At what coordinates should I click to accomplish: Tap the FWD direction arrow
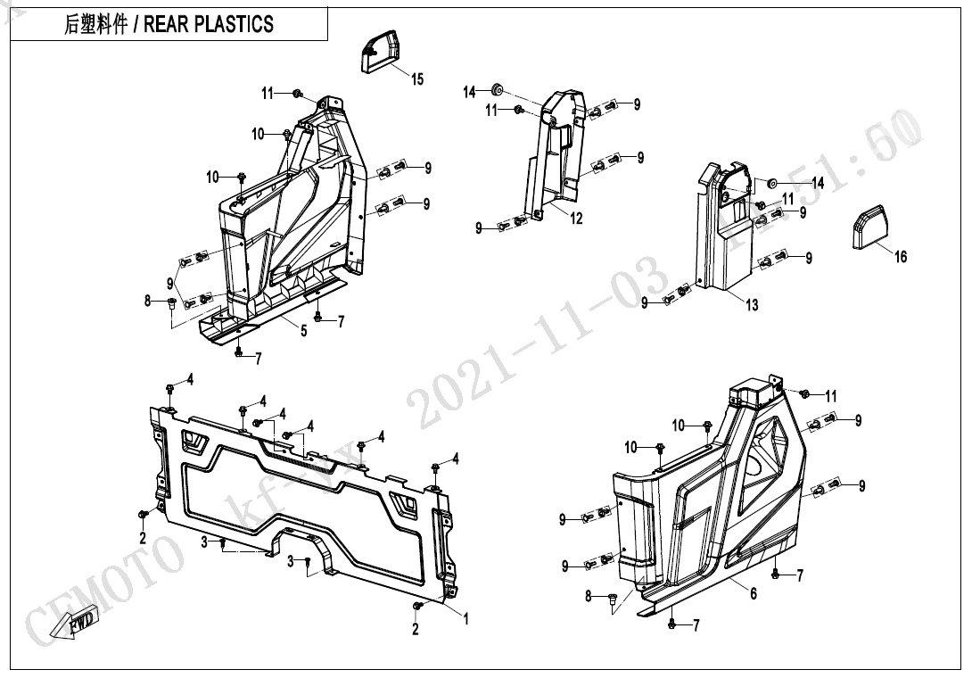click(75, 624)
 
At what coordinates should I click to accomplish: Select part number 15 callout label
click(417, 79)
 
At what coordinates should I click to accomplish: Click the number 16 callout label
click(901, 257)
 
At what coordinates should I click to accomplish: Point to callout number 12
click(576, 219)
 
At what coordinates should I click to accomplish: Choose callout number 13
click(752, 305)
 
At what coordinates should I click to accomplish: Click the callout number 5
click(303, 331)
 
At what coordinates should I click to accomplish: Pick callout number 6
click(754, 593)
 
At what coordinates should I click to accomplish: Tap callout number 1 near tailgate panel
click(465, 617)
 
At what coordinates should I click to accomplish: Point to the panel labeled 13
click(721, 232)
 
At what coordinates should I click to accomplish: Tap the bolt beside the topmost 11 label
click(297, 93)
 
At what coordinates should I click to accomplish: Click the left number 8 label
click(149, 302)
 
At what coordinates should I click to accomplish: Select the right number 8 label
click(589, 596)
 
